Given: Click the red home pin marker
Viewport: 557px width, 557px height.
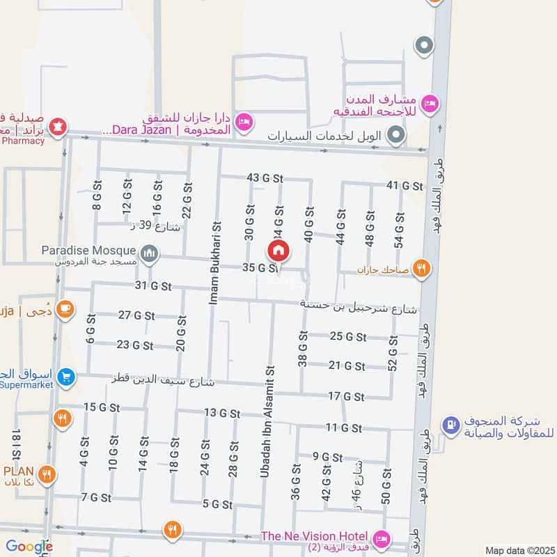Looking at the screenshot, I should click(278, 251).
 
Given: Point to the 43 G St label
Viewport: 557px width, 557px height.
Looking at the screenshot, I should click(265, 178).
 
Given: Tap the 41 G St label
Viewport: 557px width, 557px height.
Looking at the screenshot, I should click(405, 186).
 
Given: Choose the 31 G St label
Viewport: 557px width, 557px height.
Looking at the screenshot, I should click(153, 285).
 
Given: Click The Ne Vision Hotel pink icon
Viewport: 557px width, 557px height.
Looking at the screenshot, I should click(381, 538).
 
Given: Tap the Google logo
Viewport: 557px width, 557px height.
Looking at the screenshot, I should click(29, 547).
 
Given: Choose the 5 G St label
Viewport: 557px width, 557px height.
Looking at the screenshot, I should click(217, 503).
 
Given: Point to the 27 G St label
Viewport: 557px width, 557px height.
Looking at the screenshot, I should click(136, 315).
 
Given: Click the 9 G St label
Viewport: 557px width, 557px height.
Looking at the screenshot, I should click(327, 457).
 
